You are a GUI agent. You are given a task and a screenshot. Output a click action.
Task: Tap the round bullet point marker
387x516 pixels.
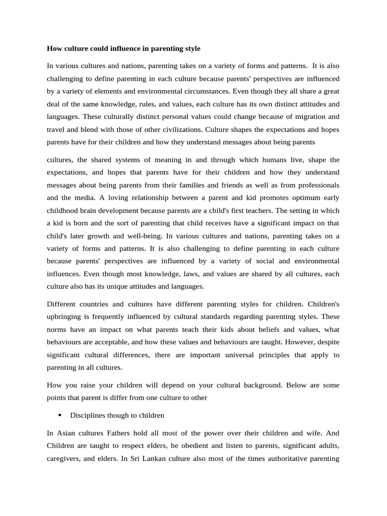point(60,415)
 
